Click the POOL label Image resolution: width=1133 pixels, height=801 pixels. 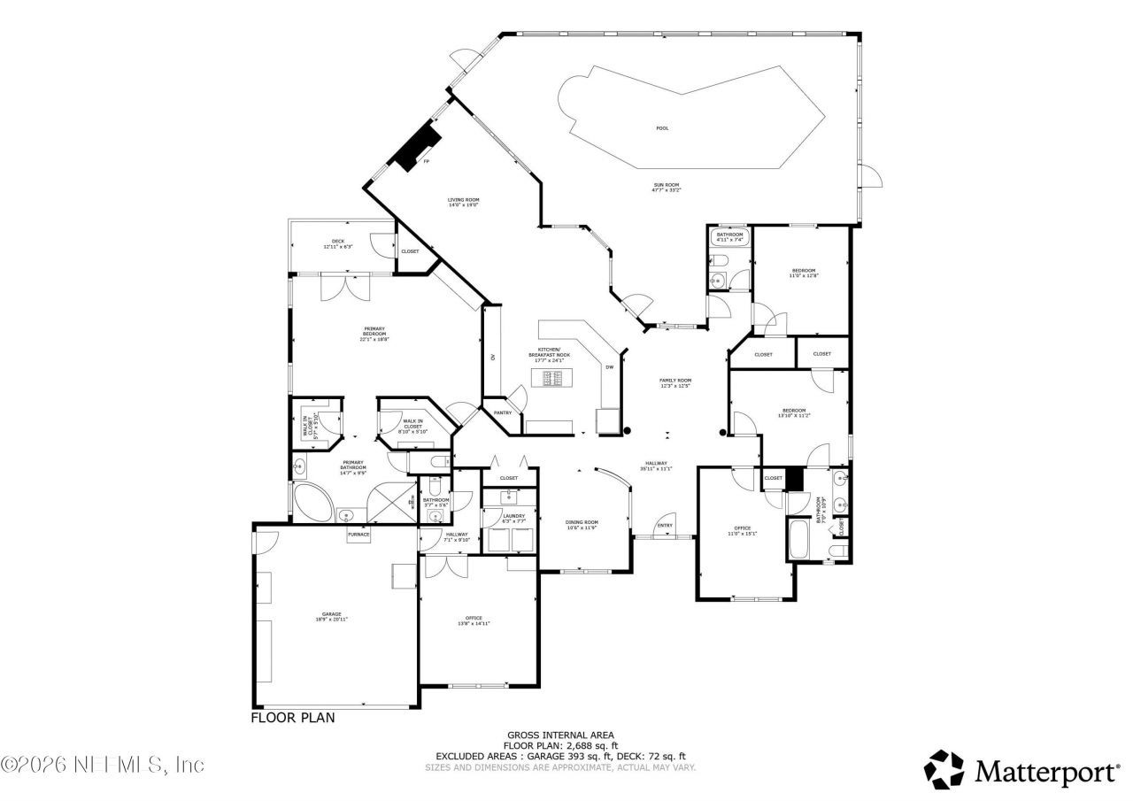[x=662, y=128]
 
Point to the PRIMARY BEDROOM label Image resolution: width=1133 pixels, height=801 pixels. [x=374, y=334]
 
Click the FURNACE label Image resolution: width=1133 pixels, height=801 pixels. [x=358, y=535]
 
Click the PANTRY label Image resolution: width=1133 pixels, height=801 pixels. [x=503, y=412]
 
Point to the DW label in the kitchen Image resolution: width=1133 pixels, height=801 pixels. [x=609, y=366]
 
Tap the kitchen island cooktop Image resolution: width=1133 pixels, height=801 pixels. [x=552, y=379]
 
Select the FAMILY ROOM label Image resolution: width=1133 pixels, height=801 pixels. [x=675, y=382]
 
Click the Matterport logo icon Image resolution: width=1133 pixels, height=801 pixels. [x=944, y=769]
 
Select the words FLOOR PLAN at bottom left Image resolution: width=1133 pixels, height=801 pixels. [x=293, y=718]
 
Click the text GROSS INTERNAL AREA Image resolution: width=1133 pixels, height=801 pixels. [x=560, y=735]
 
